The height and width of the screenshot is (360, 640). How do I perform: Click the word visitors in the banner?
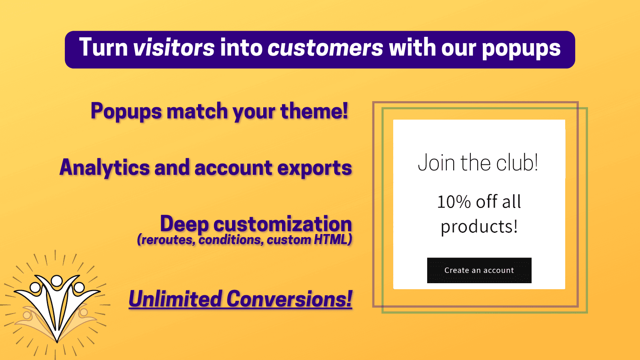click(174, 48)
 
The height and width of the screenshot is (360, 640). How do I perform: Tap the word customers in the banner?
click(325, 48)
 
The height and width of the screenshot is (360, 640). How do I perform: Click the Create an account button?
click(479, 270)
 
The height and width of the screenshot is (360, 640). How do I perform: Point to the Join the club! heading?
click(478, 163)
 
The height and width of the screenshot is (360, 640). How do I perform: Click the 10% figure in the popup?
click(454, 202)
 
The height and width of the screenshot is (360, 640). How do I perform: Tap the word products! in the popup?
click(479, 227)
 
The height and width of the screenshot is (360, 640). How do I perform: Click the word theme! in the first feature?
click(314, 111)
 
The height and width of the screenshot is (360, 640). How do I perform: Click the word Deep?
click(184, 224)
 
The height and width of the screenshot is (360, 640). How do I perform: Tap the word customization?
click(282, 224)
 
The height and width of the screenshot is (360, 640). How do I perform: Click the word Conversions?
click(289, 299)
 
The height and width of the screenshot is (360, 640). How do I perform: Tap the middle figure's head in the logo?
click(57, 280)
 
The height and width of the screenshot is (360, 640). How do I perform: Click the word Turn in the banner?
click(103, 48)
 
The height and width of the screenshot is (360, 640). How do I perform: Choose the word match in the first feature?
click(197, 111)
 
